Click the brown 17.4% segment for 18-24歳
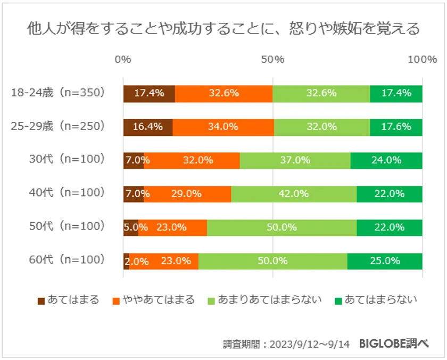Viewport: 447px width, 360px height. [149, 93]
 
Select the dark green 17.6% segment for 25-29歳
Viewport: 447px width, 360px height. [396, 127]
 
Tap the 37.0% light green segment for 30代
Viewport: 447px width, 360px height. [295, 160]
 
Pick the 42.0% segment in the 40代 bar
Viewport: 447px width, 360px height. [294, 194]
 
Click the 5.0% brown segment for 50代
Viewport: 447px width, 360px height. [130, 227]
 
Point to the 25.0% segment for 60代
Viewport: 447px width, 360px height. [385, 261]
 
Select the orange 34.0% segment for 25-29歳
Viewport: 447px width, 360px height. [223, 127]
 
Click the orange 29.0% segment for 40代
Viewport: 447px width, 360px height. [187, 194]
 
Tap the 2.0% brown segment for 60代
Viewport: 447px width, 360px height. [126, 261]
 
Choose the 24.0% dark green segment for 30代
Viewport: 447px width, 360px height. [386, 160]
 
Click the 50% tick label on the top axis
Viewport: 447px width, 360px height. [272, 60]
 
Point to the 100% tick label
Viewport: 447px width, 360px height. [422, 60]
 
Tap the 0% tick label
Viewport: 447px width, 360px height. [123, 60]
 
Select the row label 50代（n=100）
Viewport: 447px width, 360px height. [67, 227]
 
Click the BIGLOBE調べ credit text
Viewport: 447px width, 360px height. [393, 343]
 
